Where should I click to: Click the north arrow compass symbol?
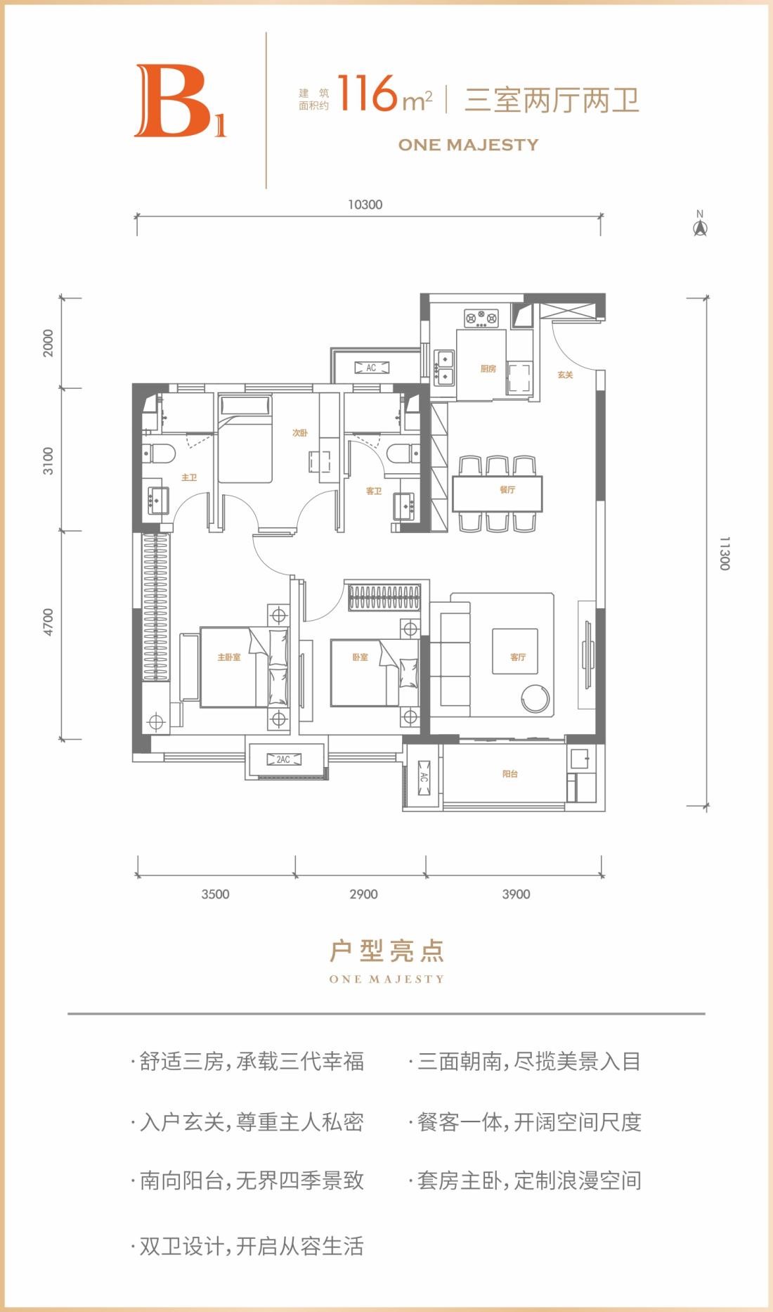[700, 224]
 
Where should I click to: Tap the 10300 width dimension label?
[365, 205]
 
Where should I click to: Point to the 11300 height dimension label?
[725, 553]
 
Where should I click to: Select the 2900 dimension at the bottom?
[363, 894]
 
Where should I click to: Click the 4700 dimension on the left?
[48, 622]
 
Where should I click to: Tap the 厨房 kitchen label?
[488, 368]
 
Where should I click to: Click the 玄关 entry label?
[565, 375]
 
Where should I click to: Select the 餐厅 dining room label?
[507, 489]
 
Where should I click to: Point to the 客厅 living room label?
[518, 657]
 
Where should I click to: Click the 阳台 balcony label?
[510, 773]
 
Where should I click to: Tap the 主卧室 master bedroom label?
[229, 657]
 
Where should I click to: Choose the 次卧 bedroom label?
[300, 432]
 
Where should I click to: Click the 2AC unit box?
[283, 759]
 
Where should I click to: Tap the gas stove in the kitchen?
[481, 319]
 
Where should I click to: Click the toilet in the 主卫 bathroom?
[159, 454]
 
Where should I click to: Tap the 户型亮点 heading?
[387, 951]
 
